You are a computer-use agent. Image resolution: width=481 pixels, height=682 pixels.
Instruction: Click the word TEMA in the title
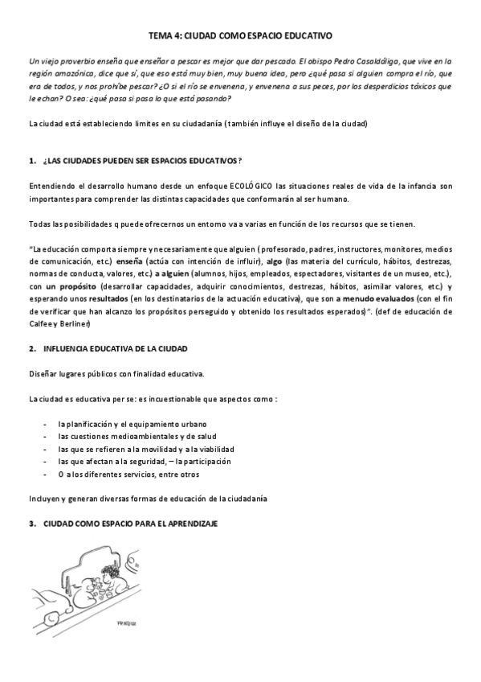161,36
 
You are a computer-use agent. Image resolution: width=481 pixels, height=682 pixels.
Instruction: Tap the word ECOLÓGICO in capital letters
239,187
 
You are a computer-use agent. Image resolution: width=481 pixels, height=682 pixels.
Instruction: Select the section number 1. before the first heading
31,161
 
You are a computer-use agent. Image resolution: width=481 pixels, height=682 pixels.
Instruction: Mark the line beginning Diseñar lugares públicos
116,374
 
